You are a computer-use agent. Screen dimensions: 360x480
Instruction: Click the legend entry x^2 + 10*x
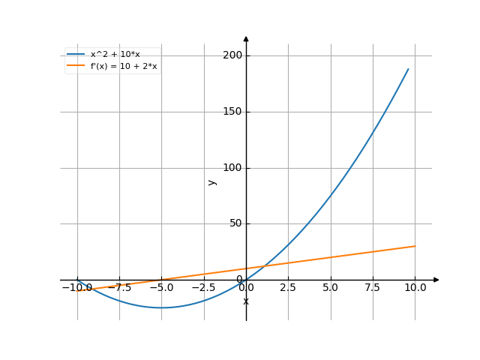point(115,54)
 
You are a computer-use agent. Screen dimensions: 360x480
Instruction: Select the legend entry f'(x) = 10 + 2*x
point(123,66)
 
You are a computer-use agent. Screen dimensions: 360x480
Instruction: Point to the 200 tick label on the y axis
point(232,55)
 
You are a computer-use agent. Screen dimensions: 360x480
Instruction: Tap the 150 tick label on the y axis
point(232,112)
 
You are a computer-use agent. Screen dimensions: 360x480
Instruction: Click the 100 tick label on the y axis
point(232,167)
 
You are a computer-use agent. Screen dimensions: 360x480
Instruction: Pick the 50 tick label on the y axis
point(235,223)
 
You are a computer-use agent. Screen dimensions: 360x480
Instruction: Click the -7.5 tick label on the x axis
point(119,287)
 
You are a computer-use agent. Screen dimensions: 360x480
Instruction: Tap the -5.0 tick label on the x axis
point(161,287)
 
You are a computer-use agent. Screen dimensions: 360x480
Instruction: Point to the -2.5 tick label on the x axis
point(203,287)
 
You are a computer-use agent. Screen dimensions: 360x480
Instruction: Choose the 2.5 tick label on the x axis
point(289,287)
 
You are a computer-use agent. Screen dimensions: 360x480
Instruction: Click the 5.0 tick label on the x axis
point(331,287)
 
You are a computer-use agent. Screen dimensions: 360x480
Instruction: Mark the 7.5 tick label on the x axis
point(373,287)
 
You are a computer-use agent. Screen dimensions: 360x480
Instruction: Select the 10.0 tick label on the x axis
point(415,287)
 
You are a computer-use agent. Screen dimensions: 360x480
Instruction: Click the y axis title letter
point(212,181)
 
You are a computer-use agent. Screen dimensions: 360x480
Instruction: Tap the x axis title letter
point(246,301)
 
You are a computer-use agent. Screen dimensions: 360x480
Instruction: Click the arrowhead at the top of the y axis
point(246,37)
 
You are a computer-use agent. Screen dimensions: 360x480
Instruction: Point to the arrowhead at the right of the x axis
point(436,280)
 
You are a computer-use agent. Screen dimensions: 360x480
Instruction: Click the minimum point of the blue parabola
point(161,307)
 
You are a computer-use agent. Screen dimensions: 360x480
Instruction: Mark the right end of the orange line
point(415,246)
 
